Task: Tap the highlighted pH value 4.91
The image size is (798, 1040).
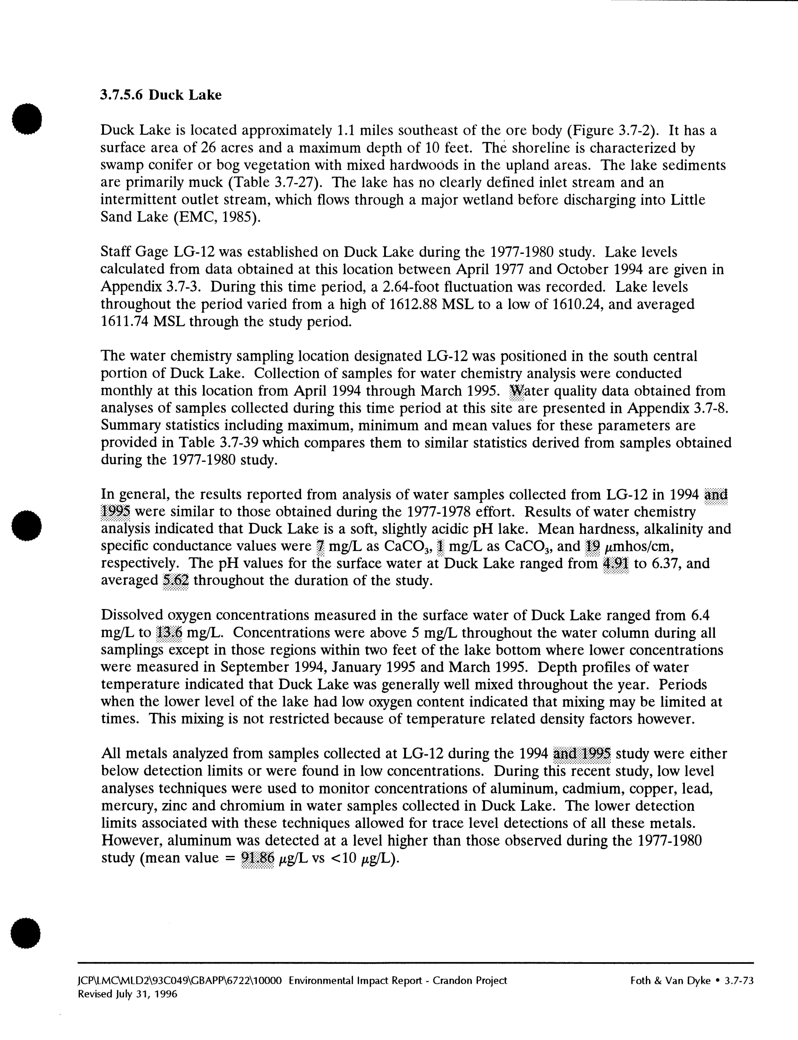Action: (615, 564)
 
